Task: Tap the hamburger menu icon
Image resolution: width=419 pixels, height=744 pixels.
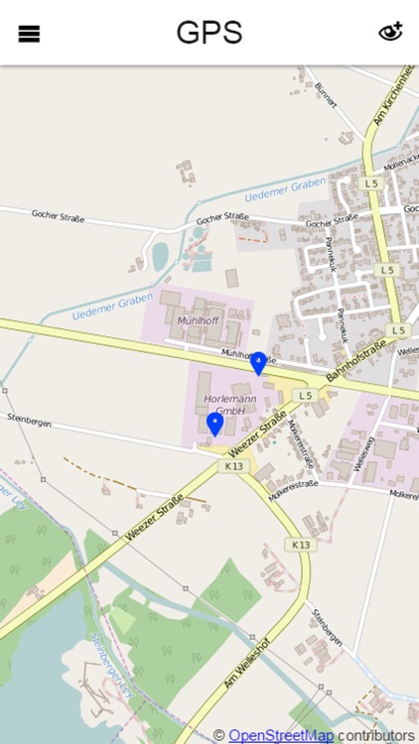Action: [29, 34]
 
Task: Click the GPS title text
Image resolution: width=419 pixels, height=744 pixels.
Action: [209, 33]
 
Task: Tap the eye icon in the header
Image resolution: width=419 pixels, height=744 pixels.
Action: [390, 33]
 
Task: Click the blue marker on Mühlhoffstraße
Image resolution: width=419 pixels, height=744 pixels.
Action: [258, 363]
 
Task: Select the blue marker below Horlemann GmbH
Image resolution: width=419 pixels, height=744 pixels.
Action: [213, 425]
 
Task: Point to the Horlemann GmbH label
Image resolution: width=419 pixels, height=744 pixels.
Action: [223, 404]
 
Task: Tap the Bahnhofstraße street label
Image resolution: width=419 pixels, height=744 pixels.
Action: [354, 362]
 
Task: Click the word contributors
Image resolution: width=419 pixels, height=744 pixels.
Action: [376, 735]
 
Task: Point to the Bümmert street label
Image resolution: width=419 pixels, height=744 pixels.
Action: [324, 94]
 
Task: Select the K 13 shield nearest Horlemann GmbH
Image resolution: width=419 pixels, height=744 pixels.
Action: [234, 465]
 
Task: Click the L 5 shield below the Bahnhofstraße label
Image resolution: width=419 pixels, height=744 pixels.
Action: [304, 395]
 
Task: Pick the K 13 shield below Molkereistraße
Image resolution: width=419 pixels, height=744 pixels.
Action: [300, 545]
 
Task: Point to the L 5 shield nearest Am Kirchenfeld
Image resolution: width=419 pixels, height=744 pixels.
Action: [370, 183]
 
